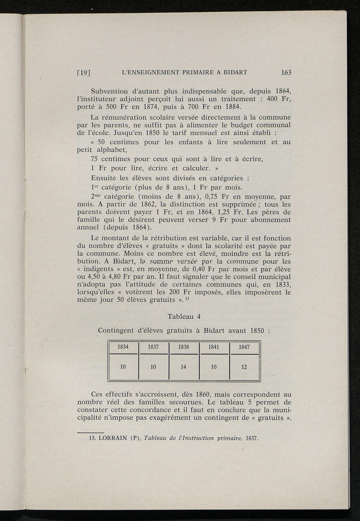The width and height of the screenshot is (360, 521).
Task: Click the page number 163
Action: [286, 73]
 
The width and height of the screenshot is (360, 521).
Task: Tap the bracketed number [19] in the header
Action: [84, 73]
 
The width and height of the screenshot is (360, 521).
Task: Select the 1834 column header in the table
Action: [123, 347]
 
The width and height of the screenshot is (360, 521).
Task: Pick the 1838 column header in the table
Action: [184, 347]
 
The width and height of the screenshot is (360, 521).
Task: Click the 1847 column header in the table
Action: [244, 347]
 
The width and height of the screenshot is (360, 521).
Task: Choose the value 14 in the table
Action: [184, 367]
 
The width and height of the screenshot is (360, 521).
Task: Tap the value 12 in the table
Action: [244, 367]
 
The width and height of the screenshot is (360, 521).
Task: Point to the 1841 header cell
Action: [214, 347]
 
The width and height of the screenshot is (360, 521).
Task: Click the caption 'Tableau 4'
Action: [184, 317]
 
